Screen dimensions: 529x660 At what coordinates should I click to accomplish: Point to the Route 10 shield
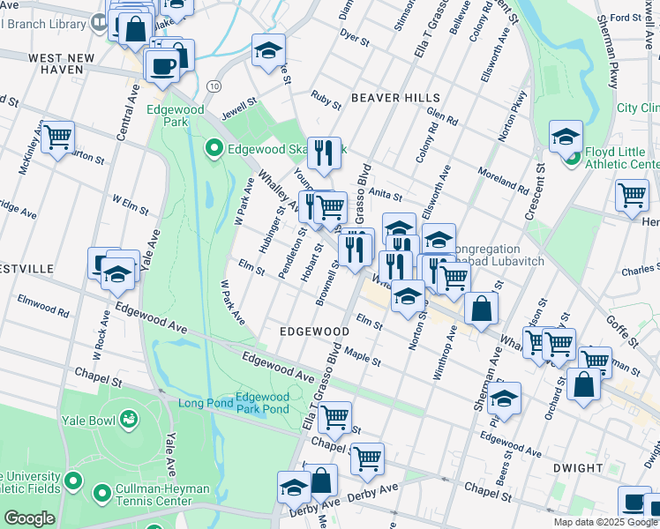214,86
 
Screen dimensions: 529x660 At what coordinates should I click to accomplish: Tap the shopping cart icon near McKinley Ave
57,137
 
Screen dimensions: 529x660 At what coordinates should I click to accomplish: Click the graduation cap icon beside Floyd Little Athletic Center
566,137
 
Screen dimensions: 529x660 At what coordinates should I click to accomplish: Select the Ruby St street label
326,101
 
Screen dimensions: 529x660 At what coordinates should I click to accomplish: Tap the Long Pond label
206,404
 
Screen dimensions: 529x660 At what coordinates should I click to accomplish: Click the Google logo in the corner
29,518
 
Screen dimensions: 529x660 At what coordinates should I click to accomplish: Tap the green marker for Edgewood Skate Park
213,149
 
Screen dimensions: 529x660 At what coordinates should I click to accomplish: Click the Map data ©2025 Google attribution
605,522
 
